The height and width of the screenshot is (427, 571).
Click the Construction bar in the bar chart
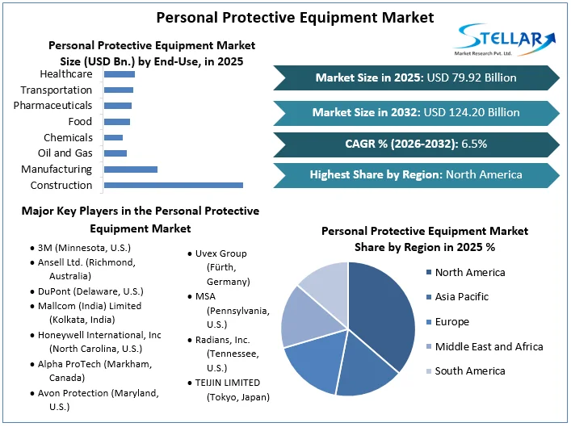174,185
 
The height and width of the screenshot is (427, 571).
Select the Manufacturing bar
131,169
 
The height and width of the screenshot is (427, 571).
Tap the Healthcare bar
120,74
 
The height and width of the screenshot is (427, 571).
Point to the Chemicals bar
114,137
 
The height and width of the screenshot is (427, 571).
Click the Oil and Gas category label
65,153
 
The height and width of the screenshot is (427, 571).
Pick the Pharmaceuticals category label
52,106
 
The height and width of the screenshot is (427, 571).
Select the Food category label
80,122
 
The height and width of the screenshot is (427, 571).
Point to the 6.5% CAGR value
474,144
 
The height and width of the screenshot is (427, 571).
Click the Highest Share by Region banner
416,174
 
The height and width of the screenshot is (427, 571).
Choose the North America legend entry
469,272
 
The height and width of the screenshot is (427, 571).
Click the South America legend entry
469,370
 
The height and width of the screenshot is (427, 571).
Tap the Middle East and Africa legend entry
489,346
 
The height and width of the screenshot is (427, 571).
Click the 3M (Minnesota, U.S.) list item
83,248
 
